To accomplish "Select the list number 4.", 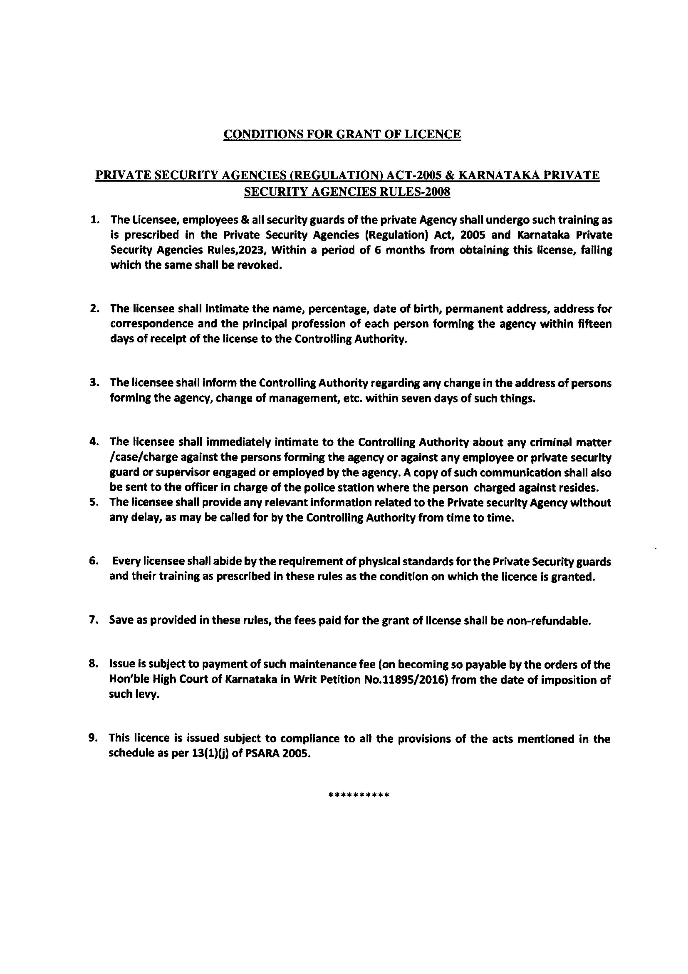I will (x=94, y=442).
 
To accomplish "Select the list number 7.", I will (x=94, y=620).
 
